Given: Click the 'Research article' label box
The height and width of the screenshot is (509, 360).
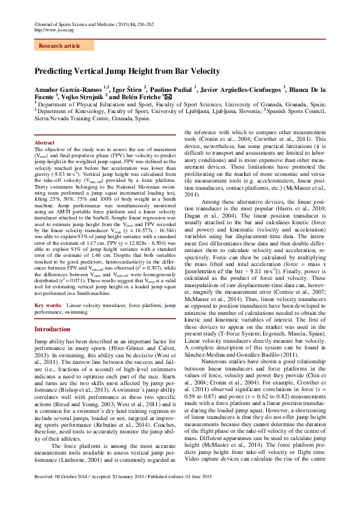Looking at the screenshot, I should click(59, 45).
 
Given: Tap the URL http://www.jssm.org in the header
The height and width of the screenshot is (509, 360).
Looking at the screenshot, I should click(54, 30).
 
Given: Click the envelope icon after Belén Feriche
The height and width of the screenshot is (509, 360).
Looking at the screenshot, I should click(168, 97).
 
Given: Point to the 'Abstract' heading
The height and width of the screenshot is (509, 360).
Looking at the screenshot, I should click(45, 143).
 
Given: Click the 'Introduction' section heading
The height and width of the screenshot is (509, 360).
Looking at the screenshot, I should click(52, 329).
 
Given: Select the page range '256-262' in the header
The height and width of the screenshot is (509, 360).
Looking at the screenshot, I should click(145, 24).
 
